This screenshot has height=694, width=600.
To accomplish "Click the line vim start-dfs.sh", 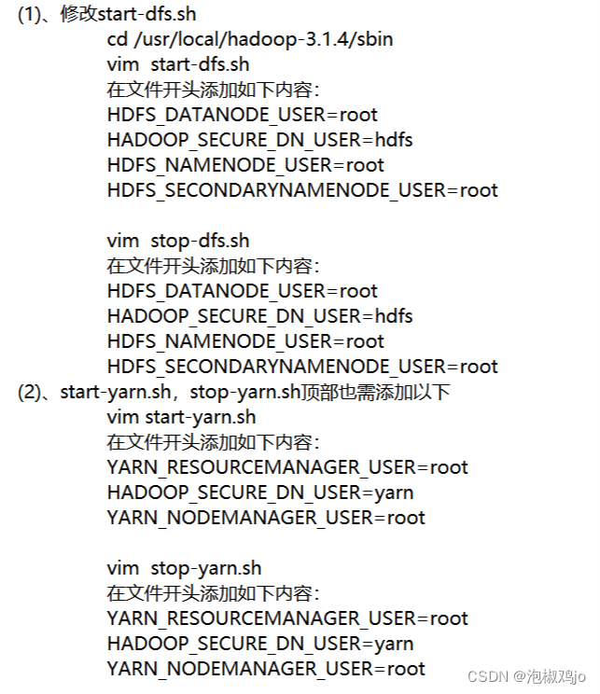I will click(x=178, y=65).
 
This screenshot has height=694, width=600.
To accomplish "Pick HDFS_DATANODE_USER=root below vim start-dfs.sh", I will click(x=242, y=115).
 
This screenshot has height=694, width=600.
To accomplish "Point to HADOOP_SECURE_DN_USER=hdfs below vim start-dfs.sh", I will click(x=259, y=140).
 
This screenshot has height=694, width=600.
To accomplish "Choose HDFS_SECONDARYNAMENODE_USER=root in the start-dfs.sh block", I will click(x=302, y=190).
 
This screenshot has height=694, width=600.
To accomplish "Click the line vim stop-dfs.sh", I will click(x=178, y=241).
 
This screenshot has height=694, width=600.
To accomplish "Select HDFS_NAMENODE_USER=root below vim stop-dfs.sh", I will click(x=245, y=341).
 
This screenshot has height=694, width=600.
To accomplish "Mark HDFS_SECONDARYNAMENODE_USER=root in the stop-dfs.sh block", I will click(x=302, y=367).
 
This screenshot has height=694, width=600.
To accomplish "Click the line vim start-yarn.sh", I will click(x=181, y=417).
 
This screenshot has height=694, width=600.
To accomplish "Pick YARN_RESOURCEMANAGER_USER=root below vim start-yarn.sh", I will click(x=287, y=467).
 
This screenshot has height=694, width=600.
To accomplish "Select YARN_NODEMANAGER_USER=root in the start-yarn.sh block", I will click(x=266, y=518).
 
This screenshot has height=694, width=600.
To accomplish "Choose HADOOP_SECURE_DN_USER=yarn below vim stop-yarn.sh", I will click(x=260, y=644).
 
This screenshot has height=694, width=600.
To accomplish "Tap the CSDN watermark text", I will click(x=487, y=676).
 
